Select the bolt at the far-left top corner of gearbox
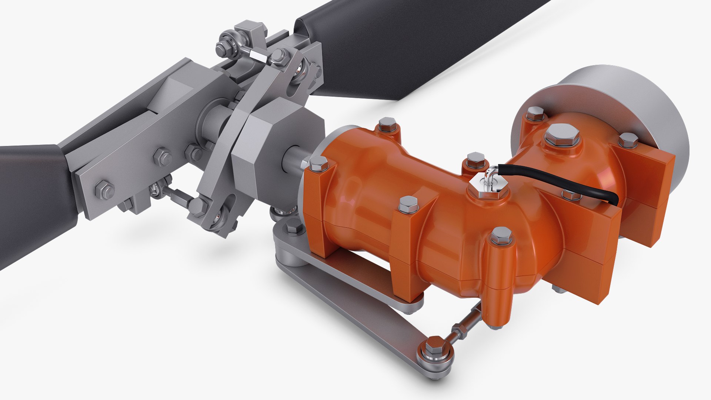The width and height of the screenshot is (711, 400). (x=387, y=124)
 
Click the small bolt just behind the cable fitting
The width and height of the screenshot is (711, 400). (x=475, y=160)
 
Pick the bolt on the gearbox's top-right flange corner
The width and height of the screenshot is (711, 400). (x=628, y=140)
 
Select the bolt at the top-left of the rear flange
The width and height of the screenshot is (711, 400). (x=535, y=113)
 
